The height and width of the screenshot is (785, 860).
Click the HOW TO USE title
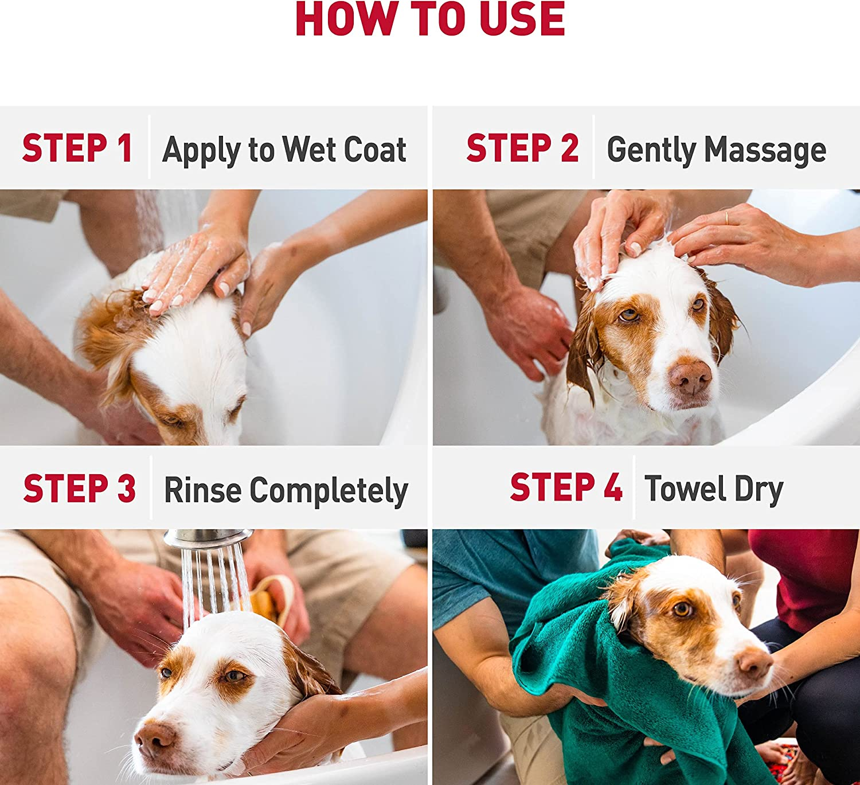click(430, 19)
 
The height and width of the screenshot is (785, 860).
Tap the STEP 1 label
click(77, 149)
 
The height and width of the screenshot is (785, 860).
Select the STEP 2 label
click(522, 149)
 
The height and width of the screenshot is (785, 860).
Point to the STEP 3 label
click(79, 489)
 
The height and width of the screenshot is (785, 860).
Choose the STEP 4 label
click(566, 487)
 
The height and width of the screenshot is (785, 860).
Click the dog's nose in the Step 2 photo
click(690, 377)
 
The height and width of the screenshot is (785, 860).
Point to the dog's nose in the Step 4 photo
click(755, 662)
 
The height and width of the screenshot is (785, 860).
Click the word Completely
click(329, 491)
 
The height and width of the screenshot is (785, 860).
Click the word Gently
click(651, 150)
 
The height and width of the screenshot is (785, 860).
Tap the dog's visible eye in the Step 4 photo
click(682, 609)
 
